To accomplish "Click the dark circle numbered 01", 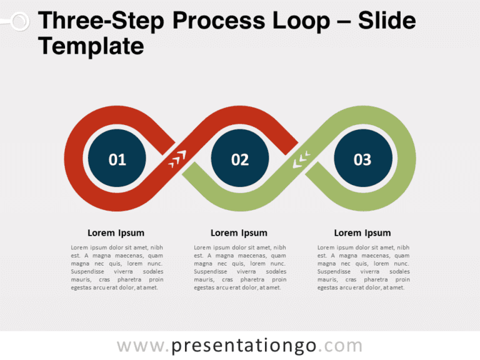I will point(117,159).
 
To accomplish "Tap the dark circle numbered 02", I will point(240,159).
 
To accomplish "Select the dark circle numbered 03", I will point(362,159).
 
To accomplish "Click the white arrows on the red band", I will point(177,159).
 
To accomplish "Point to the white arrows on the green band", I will point(301,160).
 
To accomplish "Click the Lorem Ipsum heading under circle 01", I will point(116,233).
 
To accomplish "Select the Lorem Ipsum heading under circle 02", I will point(239,233).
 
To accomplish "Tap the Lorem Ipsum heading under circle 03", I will point(362,233).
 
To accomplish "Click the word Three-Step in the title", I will point(101,21).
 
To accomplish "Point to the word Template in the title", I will point(91,46).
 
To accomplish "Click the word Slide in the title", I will point(386,21).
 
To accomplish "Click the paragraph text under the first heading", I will point(117,267).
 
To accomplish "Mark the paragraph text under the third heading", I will point(364,267).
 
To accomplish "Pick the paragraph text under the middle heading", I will point(240,267).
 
